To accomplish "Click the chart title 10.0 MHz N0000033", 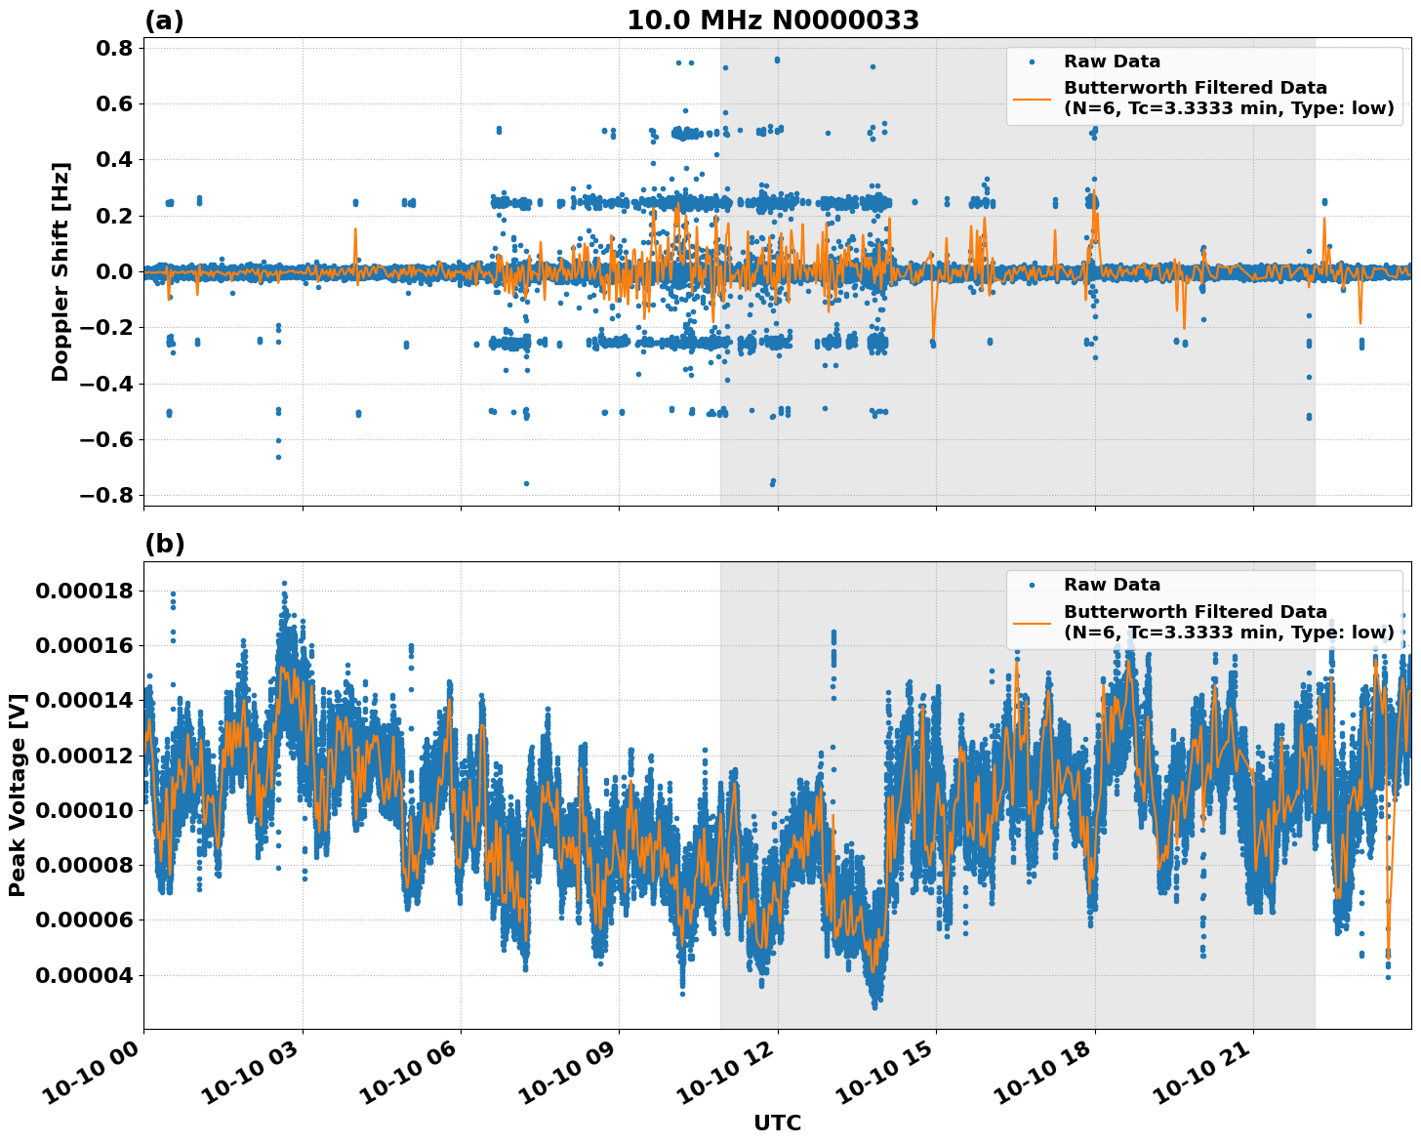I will (772, 20).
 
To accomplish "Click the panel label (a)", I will (164, 20).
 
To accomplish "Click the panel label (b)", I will (164, 544).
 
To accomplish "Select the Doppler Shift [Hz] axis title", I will (61, 271).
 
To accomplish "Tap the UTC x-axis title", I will (777, 1124).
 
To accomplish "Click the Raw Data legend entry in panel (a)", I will (1112, 61).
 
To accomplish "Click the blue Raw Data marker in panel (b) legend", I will (1032, 585).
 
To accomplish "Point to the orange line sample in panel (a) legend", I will (1032, 99).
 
